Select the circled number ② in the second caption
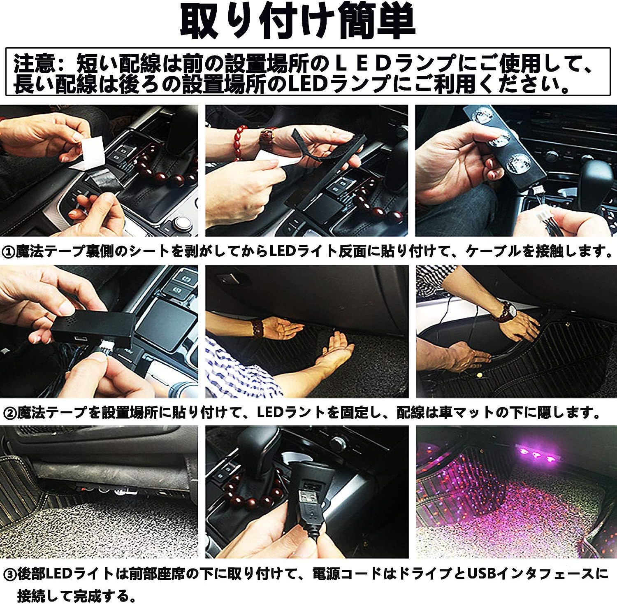click(8, 412)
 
